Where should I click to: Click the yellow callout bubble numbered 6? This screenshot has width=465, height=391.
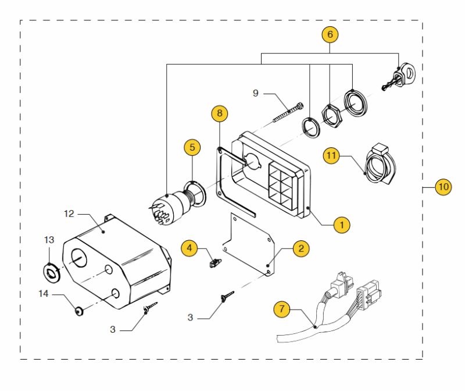click(330, 34)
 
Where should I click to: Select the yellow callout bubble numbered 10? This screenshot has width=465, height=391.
click(443, 187)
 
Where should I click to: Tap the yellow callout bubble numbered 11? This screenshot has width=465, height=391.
click(332, 155)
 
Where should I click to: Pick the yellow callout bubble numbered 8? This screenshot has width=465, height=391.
click(219, 113)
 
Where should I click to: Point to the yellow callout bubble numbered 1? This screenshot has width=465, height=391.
click(342, 224)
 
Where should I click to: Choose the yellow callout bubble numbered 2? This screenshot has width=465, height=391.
click(301, 248)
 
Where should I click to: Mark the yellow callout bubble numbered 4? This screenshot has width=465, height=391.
click(189, 248)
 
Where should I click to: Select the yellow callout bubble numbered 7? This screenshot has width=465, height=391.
click(282, 309)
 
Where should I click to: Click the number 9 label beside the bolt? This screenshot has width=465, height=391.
click(256, 93)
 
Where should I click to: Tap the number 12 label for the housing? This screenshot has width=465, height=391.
click(69, 214)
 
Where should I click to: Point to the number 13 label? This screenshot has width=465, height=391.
click(49, 240)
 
